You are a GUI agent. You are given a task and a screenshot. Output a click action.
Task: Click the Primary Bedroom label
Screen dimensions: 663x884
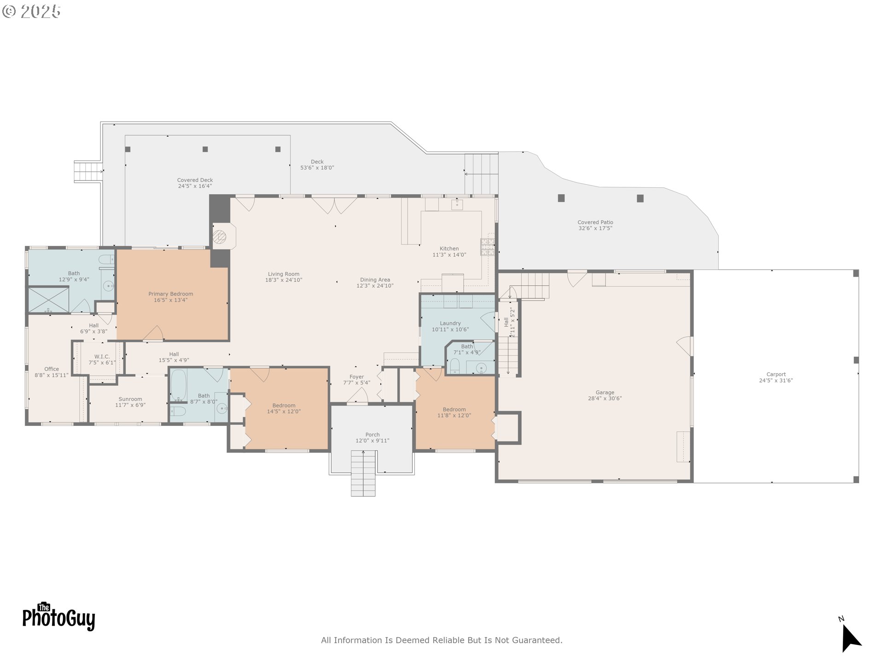pyautogui.click(x=170, y=294)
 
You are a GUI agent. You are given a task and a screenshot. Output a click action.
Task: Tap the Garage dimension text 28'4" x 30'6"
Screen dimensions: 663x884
pyautogui.click(x=605, y=399)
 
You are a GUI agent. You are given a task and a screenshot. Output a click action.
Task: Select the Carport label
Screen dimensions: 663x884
pyautogui.click(x=776, y=374)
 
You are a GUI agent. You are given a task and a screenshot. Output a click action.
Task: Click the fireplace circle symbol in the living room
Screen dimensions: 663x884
pyautogui.click(x=220, y=237)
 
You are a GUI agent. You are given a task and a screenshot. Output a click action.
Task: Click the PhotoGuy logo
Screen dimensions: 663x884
pyautogui.click(x=59, y=617)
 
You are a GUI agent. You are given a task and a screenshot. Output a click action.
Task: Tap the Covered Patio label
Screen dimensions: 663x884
pyautogui.click(x=595, y=222)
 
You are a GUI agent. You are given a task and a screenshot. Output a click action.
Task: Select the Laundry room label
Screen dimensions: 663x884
pyautogui.click(x=450, y=323)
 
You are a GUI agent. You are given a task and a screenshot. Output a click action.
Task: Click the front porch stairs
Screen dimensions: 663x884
pyautogui.click(x=363, y=473)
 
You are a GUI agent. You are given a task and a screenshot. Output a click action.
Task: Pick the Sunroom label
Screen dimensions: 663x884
pyautogui.click(x=130, y=399)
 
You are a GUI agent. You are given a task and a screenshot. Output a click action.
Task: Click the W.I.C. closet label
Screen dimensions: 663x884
pyautogui.click(x=102, y=356)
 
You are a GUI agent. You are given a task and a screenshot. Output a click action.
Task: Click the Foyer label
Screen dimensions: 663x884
pyautogui.click(x=356, y=377)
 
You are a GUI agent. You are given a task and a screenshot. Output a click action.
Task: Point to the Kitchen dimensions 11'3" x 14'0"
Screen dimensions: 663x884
pyautogui.click(x=449, y=255)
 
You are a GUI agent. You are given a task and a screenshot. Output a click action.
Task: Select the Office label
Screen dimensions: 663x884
pyautogui.click(x=52, y=369)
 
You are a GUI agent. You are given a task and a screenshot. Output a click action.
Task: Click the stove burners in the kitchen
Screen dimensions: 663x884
pyautogui.click(x=487, y=247)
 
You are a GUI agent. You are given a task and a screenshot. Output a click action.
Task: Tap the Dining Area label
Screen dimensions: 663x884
pyautogui.click(x=375, y=279)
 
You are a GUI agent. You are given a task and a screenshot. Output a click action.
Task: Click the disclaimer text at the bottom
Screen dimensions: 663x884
pyautogui.click(x=442, y=640)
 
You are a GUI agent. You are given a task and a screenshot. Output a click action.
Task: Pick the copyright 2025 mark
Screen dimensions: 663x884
pyautogui.click(x=31, y=12)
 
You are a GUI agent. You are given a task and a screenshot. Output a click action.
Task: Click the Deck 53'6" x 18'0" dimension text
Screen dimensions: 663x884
pyautogui.click(x=317, y=168)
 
